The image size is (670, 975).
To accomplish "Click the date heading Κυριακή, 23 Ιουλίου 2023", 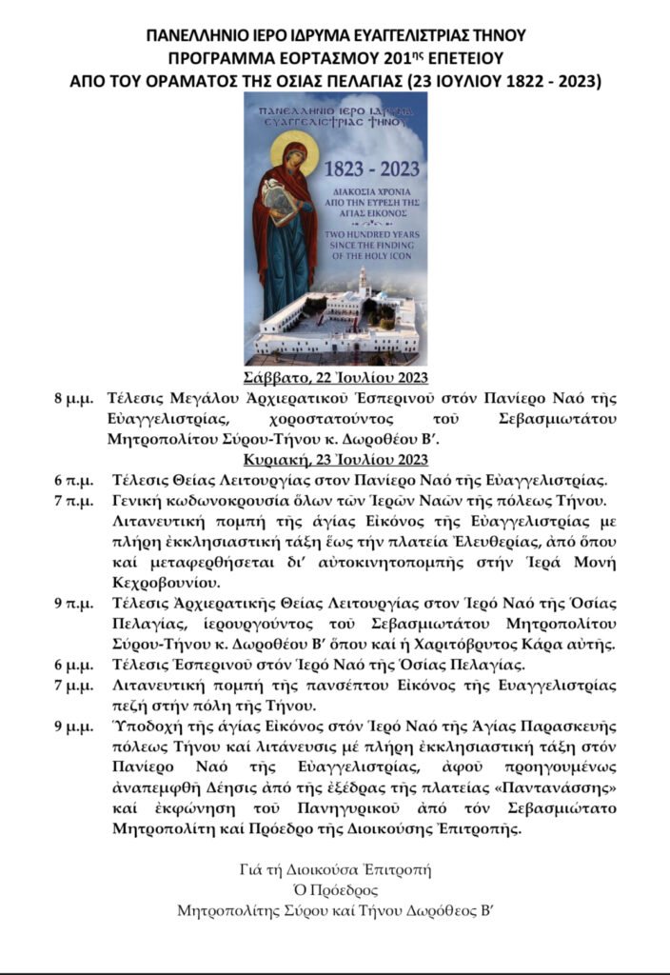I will tap(335, 459).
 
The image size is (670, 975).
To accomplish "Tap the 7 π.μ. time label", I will tap(73, 500).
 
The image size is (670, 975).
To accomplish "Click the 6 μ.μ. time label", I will tap(73, 664).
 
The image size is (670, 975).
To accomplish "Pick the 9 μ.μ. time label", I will tap(73, 726).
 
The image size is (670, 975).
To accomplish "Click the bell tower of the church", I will tap(364, 284).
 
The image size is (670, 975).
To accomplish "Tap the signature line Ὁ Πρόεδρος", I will tap(335, 890).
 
